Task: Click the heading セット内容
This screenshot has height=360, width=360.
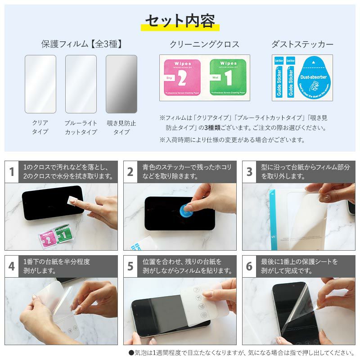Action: pyautogui.click(x=180, y=21)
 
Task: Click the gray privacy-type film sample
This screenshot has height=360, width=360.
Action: pyautogui.click(x=121, y=84)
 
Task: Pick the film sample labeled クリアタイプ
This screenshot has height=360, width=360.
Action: pyautogui.click(x=40, y=84)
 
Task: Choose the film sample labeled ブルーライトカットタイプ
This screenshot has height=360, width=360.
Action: pyautogui.click(x=81, y=84)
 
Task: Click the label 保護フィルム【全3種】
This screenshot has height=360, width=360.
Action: pyautogui.click(x=81, y=44)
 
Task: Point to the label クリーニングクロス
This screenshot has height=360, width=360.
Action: pyautogui.click(x=204, y=44)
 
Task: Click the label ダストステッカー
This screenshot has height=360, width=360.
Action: pyautogui.click(x=302, y=44)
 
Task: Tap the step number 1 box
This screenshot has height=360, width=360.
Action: pyautogui.click(x=12, y=172)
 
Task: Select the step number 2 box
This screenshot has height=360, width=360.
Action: pyautogui.click(x=130, y=172)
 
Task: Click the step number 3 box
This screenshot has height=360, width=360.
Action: pyautogui.click(x=249, y=172)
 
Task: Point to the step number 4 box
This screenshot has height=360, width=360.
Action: pyautogui.click(x=12, y=266)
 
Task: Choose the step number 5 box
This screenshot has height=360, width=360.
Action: pyautogui.click(x=130, y=266)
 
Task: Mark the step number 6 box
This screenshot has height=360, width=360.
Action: pyautogui.click(x=249, y=266)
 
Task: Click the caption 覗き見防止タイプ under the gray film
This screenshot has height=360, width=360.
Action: pyautogui.click(x=121, y=127)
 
